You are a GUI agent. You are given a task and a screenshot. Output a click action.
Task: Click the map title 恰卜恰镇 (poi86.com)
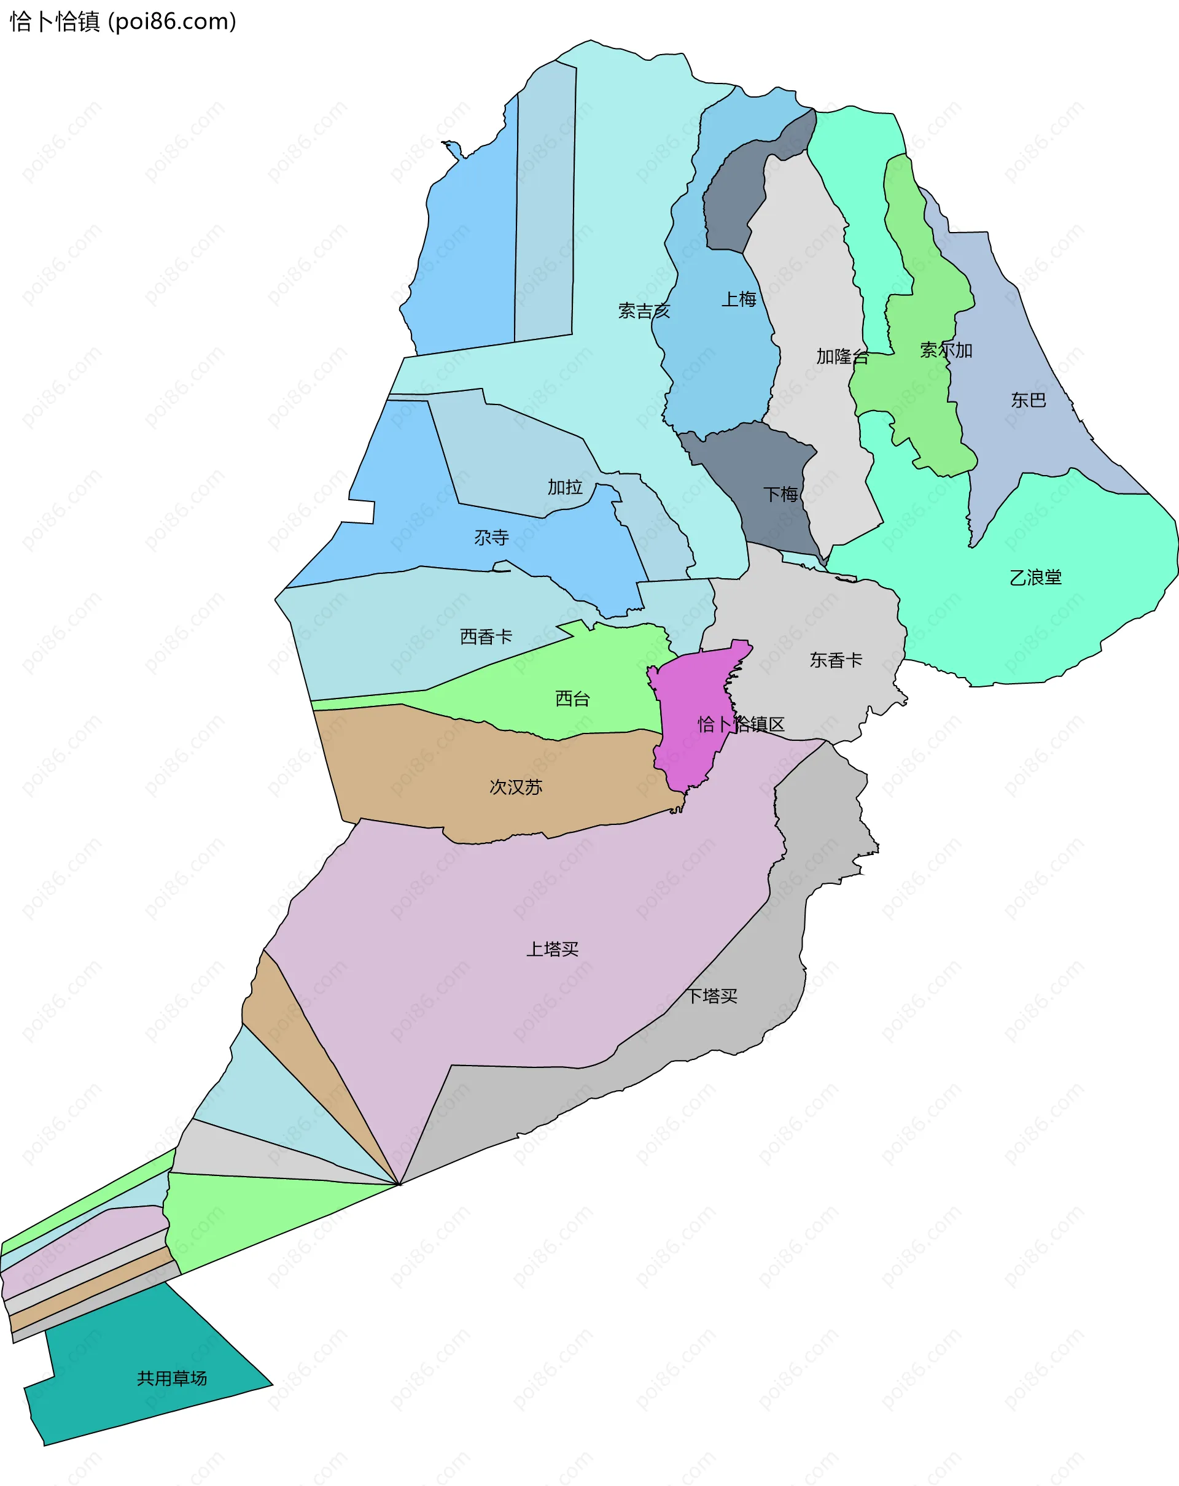(x=123, y=21)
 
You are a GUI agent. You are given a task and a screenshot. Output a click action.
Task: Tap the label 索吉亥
(x=644, y=311)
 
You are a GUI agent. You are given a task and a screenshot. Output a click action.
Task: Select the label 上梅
(x=739, y=299)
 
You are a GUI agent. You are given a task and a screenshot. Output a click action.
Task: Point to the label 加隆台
(x=842, y=357)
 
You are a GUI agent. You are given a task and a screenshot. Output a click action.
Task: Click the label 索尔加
(x=946, y=350)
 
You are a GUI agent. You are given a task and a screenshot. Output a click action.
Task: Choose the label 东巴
(x=1028, y=400)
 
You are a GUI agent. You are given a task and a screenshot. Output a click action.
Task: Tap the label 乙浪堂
(x=1035, y=577)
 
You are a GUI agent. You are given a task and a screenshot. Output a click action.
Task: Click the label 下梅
(x=780, y=493)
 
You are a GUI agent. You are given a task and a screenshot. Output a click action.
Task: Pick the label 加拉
(x=565, y=487)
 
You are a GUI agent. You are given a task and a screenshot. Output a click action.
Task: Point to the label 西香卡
(x=486, y=636)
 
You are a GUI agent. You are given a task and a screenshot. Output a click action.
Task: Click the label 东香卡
(x=836, y=660)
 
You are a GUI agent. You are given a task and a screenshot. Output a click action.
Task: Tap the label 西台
(x=572, y=698)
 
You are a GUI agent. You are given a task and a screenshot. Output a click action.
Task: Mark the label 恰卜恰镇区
(x=741, y=724)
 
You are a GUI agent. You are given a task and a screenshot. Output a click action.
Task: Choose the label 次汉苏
(x=516, y=786)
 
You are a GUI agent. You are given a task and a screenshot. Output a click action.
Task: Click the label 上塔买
(x=552, y=948)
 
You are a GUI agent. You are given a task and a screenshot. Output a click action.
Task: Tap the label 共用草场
(x=172, y=1378)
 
